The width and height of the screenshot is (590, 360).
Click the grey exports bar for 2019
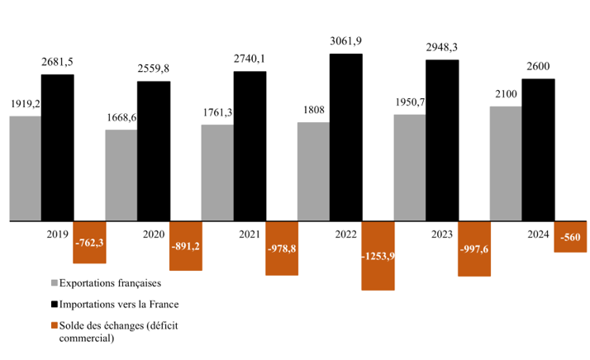(26, 168)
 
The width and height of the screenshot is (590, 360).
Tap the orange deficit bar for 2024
(570, 236)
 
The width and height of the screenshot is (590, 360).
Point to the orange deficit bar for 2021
(282, 249)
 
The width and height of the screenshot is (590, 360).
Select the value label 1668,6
(121, 118)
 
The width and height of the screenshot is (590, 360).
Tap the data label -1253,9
(378, 256)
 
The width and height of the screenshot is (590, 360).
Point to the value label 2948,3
(442, 48)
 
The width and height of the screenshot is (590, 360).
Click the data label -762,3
(89, 243)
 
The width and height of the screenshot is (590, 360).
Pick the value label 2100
(506, 95)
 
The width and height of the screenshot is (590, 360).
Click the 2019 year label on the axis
(59, 234)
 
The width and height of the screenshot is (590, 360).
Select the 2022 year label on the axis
(346, 234)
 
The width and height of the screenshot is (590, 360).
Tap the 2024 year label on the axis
(538, 234)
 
